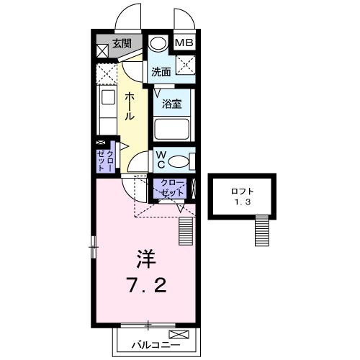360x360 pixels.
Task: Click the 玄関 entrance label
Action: tap(122, 44)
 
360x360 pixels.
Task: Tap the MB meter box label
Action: tap(184, 42)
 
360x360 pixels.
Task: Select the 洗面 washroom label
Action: tap(161, 72)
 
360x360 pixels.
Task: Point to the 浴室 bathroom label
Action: tap(171, 104)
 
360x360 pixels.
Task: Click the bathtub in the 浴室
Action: tap(171, 129)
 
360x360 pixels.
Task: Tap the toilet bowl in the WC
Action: tap(178, 161)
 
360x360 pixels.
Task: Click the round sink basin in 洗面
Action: tap(158, 43)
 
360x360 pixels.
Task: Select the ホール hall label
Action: tap(130, 107)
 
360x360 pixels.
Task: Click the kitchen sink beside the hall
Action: tap(108, 97)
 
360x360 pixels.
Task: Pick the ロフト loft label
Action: tap(243, 192)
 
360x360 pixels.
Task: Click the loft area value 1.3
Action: tap(243, 202)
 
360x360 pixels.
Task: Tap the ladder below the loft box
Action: tap(261, 230)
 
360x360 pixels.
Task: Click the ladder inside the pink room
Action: tap(186, 231)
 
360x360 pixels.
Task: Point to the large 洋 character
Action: tap(146, 259)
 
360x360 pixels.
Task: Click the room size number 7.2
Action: tap(147, 285)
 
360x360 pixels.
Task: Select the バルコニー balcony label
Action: tap(156, 346)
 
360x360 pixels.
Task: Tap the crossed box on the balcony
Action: tap(179, 334)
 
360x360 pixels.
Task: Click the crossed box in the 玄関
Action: tap(102, 51)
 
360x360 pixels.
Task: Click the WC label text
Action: tap(161, 160)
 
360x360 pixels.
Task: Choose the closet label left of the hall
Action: tap(106, 161)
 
